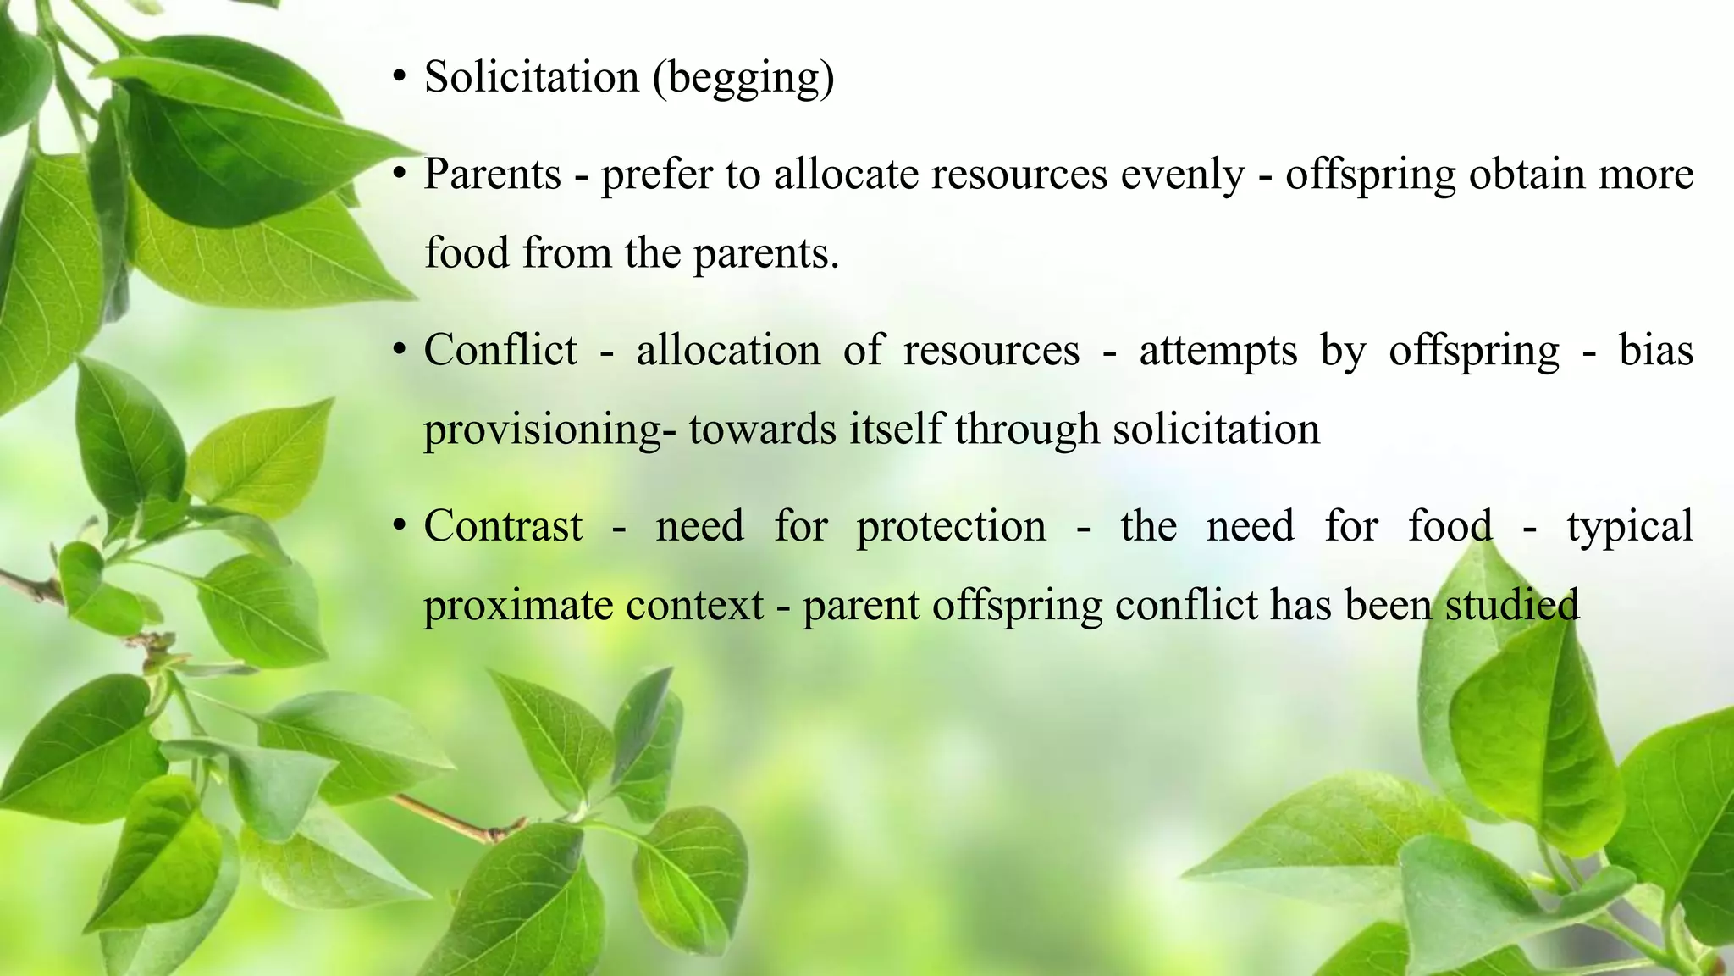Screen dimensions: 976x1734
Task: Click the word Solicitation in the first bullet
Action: point(531,77)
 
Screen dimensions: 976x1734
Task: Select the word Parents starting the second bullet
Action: point(492,175)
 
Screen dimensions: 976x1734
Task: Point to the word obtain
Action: point(1527,175)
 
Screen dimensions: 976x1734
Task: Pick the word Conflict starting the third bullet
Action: point(500,350)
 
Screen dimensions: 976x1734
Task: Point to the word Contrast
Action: point(503,526)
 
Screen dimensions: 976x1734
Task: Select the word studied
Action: point(1511,605)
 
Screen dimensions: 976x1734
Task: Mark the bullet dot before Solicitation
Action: point(399,78)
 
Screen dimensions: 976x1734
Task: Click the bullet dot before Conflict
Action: point(399,351)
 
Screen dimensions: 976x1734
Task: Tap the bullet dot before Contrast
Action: point(399,527)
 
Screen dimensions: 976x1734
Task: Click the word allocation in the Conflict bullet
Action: point(728,350)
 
